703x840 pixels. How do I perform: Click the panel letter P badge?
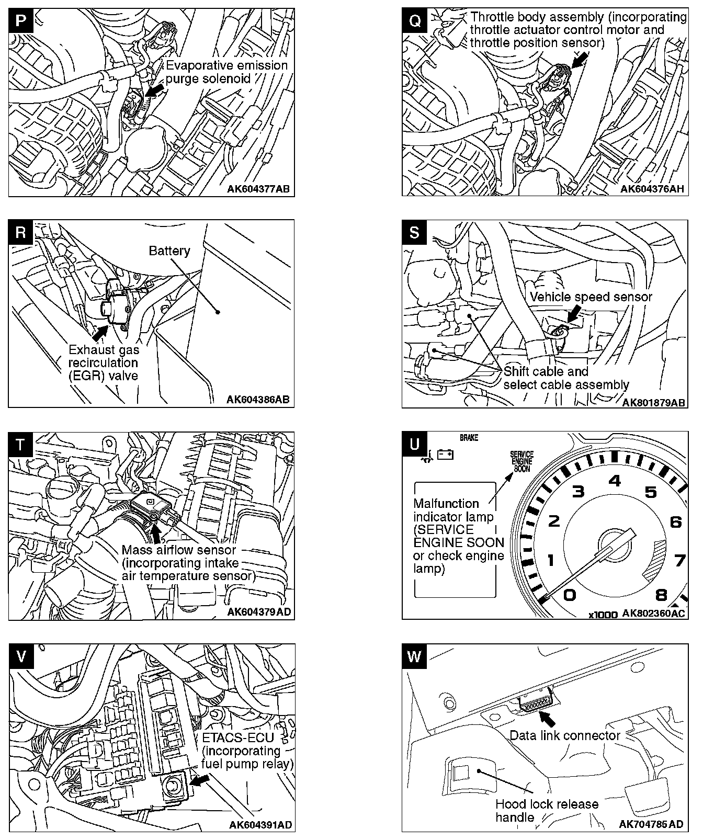point(20,20)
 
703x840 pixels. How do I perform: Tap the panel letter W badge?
point(414,656)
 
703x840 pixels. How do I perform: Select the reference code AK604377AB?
point(258,189)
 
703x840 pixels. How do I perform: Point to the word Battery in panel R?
point(169,251)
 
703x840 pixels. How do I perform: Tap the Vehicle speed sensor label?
point(591,297)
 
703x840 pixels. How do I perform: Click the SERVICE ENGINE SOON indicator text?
point(521,462)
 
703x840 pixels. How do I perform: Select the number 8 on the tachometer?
point(662,595)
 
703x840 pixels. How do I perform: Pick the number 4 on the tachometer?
point(615,480)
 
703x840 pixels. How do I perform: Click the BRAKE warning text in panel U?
point(469,438)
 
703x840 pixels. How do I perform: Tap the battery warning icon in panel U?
point(445,454)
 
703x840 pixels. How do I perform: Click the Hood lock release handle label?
point(547,810)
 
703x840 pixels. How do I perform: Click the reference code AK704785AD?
point(651,824)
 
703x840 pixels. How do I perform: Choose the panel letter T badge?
point(20,445)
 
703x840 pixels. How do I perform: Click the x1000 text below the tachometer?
point(603,615)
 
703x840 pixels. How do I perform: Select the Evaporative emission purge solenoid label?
point(226,72)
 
